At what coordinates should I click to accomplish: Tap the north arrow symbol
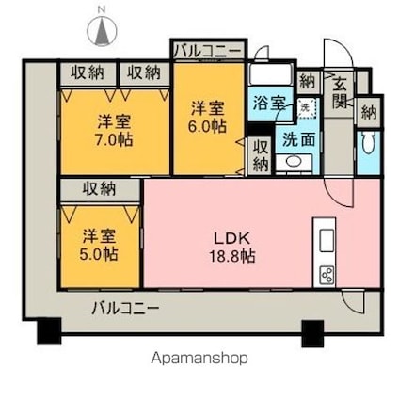[x=100, y=31]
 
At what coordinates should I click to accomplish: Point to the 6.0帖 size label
[x=208, y=124]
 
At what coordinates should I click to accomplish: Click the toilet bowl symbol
[x=367, y=147]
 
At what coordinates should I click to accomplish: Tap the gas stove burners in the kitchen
[x=327, y=276]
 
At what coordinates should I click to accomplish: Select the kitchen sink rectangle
[x=327, y=240]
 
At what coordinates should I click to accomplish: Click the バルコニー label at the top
[x=208, y=49]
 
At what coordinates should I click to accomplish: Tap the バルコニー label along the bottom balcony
[x=125, y=307]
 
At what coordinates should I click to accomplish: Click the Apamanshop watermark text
[x=199, y=358]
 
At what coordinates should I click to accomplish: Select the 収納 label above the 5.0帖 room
[x=101, y=188]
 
